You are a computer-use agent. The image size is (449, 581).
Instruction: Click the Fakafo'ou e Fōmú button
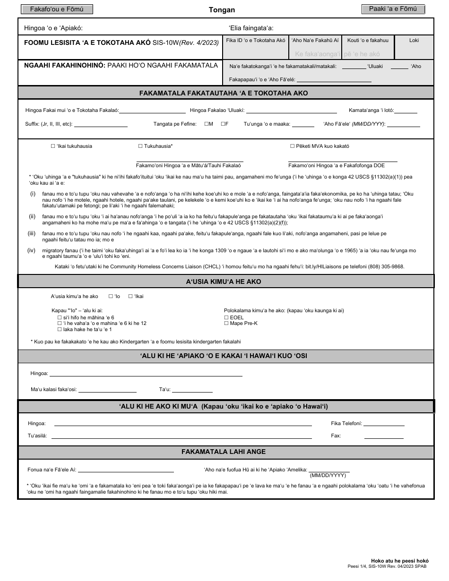pos(56,9)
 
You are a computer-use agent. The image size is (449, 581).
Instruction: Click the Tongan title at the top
pos(222,10)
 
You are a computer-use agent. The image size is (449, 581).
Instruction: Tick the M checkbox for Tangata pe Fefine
pos(207,124)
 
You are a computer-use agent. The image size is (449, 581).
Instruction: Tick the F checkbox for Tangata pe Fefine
pos(223,124)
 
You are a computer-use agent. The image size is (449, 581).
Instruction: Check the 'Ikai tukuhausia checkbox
pos(53,146)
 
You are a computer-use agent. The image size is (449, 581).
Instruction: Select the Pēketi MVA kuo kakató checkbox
pos(293,146)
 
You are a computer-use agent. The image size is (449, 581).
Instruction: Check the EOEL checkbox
pos(226,317)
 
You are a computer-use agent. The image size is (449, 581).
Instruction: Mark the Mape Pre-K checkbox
pos(226,324)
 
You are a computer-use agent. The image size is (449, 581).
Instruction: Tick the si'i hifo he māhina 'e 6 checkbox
pos(60,317)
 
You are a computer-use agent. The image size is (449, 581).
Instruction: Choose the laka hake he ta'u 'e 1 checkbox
pos(60,329)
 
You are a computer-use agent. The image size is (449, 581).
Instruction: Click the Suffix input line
pos(101,126)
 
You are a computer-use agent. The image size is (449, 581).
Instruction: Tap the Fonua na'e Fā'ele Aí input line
pos(126,471)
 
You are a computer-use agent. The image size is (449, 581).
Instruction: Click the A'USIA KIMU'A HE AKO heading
pos(224,282)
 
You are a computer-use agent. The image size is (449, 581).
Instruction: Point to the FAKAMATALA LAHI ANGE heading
pos(224,452)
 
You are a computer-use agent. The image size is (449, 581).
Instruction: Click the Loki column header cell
pos(414,41)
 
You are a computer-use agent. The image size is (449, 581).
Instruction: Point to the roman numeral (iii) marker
pos(32,233)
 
